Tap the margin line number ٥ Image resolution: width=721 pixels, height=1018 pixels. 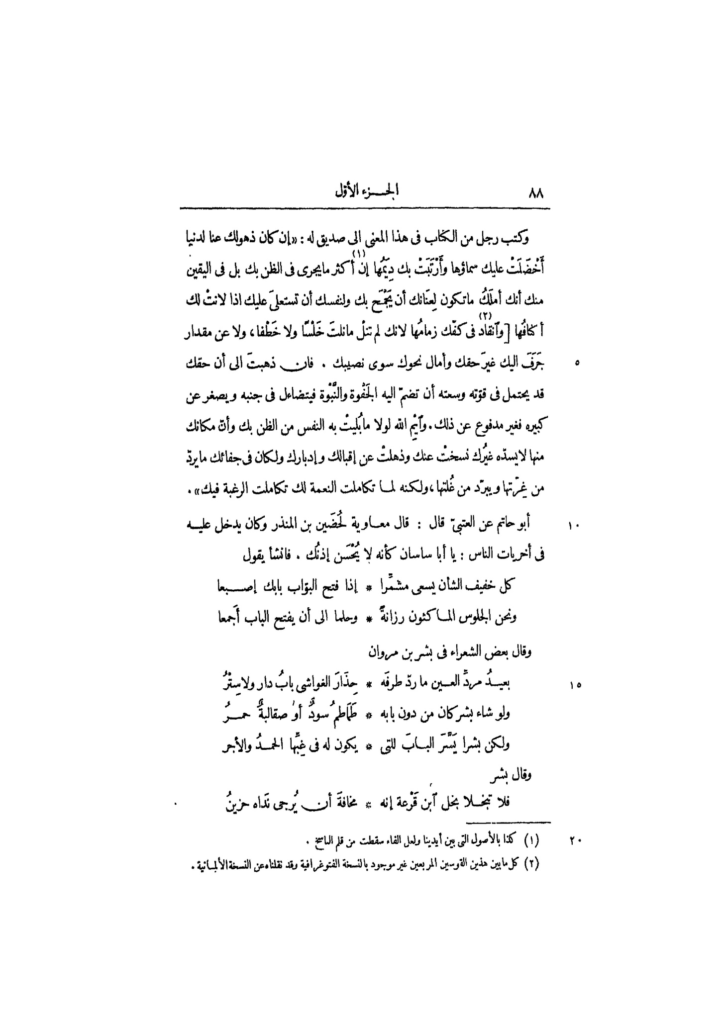pos(576,365)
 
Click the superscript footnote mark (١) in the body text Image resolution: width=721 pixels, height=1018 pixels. pos(359,255)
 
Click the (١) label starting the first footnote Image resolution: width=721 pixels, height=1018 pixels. pos(533,841)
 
